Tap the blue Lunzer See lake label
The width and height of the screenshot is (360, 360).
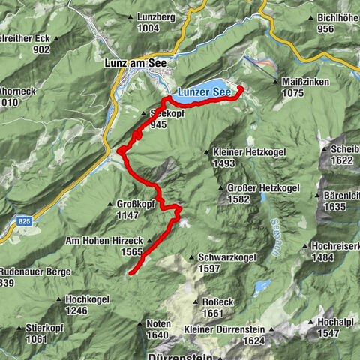204,91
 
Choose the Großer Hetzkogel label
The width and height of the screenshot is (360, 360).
257,187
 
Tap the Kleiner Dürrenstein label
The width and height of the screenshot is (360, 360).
224,330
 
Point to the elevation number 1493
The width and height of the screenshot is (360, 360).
225,163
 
